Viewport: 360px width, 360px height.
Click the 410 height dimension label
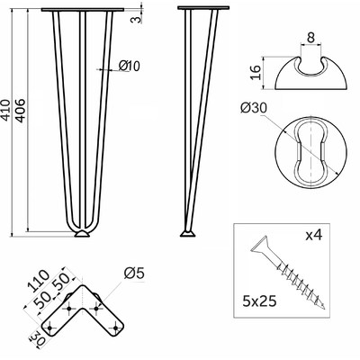pyautogui.click(x=6, y=110)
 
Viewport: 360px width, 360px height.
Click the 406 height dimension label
pyautogui.click(x=21, y=110)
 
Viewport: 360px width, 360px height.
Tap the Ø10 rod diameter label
pyautogui.click(x=130, y=66)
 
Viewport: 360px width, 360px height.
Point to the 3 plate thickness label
pyautogui.click(x=136, y=19)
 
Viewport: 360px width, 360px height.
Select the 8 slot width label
pyautogui.click(x=310, y=38)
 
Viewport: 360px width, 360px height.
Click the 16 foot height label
pyautogui.click(x=256, y=73)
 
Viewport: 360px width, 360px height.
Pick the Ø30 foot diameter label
pyautogui.click(x=254, y=108)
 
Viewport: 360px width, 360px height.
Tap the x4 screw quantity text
pyautogui.click(x=314, y=235)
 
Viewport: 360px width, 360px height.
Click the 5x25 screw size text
pyautogui.click(x=259, y=301)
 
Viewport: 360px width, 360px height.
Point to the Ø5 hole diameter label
pyautogui.click(x=134, y=274)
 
